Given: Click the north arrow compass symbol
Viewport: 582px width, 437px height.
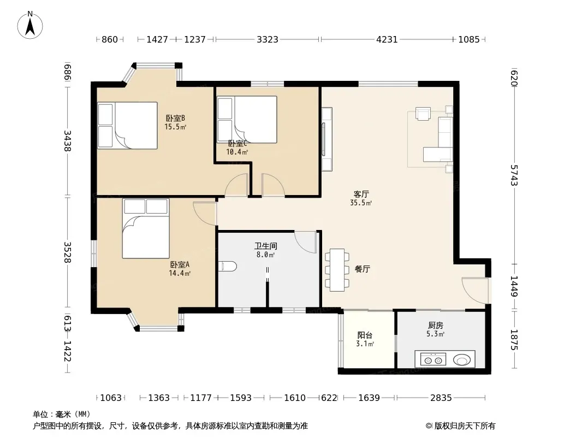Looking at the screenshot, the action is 30,25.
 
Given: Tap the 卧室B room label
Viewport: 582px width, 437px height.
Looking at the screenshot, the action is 175,119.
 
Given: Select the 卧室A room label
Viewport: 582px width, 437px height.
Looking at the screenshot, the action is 180,265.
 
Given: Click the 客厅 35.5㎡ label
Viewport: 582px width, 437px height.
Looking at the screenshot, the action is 361,198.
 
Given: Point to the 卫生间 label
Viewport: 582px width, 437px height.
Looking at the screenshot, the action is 266,246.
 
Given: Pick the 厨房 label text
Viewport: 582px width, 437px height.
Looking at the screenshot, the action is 435,326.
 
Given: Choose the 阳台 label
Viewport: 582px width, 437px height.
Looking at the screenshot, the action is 365,335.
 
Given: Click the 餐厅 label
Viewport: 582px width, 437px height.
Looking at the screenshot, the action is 363,269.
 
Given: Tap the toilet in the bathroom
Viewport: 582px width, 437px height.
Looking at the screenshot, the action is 228,266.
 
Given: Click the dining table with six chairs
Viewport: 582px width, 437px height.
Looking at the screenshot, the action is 337,270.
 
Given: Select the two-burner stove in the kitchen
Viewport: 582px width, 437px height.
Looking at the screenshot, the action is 433,360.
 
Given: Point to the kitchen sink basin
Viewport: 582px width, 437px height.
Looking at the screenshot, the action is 462,360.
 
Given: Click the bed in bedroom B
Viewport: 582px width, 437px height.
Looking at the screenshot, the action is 127,126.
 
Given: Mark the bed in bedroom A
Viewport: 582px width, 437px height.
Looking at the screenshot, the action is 146,228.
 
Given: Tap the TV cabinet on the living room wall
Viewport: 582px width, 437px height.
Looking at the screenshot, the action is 326,139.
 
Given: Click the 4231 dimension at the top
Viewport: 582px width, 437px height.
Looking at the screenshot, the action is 387,39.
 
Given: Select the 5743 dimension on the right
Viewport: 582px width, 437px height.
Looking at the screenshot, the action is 514,175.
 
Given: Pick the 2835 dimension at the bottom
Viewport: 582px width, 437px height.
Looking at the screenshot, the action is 441,398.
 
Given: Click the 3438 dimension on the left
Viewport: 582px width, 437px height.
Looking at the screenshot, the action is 67,141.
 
